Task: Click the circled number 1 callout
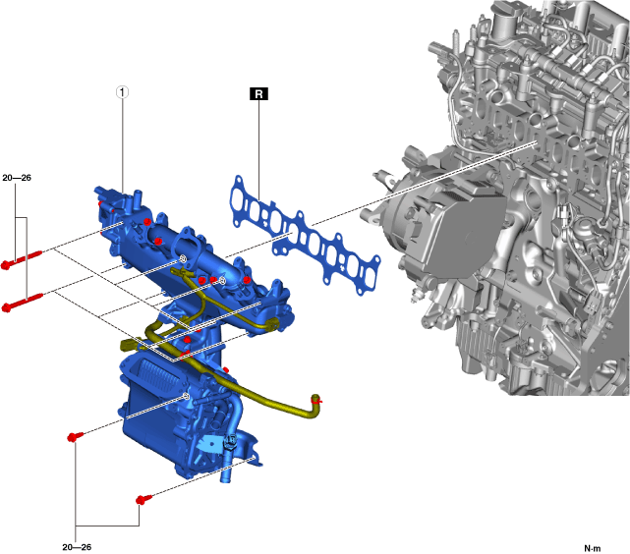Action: pos(122,92)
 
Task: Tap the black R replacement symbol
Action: pos(258,93)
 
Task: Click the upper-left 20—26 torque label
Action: pos(17,178)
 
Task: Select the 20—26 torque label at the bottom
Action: pos(77,547)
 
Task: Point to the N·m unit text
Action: pos(593,548)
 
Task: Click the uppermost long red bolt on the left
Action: pos(22,259)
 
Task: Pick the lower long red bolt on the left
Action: pos(22,303)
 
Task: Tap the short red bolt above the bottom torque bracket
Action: pos(75,436)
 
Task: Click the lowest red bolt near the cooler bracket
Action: pos(143,499)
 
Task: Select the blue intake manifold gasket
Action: pos(307,236)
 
